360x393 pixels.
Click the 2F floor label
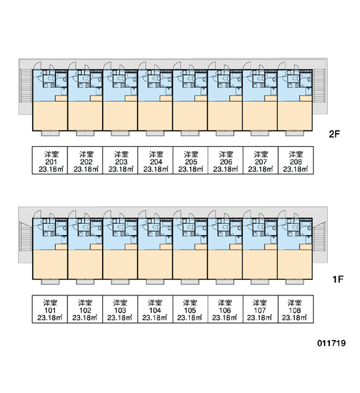point(334,134)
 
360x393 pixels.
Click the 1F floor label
point(338,279)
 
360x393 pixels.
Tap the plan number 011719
point(331,343)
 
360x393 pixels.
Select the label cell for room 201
point(50,160)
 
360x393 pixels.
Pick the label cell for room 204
point(155,160)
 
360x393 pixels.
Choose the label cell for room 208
point(296,160)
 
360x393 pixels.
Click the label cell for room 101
point(50,309)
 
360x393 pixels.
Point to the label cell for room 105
point(190,309)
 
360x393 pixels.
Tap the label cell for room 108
point(296,309)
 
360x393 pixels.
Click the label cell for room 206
point(225,160)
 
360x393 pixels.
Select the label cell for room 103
point(120,309)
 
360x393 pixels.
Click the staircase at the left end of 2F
point(26,85)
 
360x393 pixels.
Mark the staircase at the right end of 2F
point(319,85)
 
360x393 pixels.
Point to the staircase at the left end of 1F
point(26,236)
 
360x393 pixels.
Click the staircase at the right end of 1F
point(319,236)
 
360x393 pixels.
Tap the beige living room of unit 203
point(120,116)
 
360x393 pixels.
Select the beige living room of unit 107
point(260,265)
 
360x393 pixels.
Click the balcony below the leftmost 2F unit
point(50,134)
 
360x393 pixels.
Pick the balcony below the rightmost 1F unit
point(295,282)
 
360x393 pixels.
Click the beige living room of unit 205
point(190,116)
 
